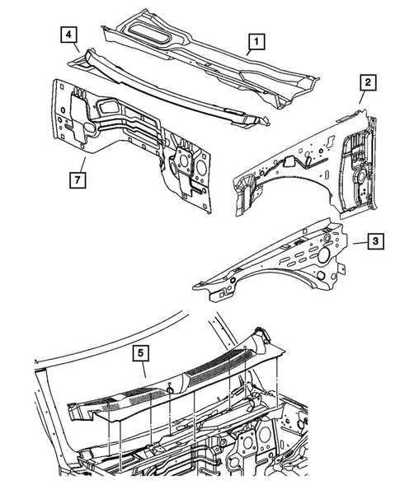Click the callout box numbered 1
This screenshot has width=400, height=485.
[257, 40]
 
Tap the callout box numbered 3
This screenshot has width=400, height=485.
[374, 241]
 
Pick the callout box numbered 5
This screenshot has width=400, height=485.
[142, 354]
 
